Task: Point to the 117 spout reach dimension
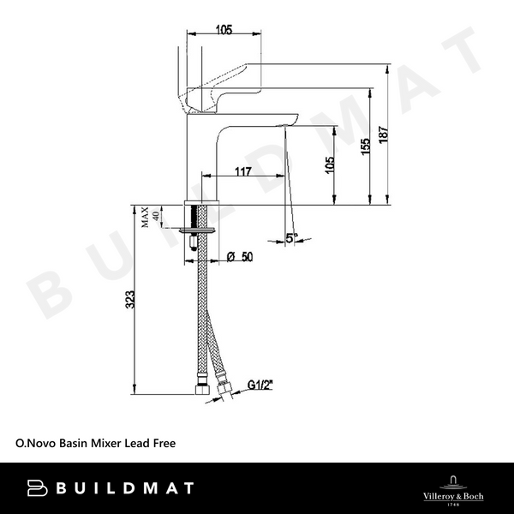pos(242,171)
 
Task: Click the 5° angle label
pos(292,239)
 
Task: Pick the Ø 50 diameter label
pos(242,256)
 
